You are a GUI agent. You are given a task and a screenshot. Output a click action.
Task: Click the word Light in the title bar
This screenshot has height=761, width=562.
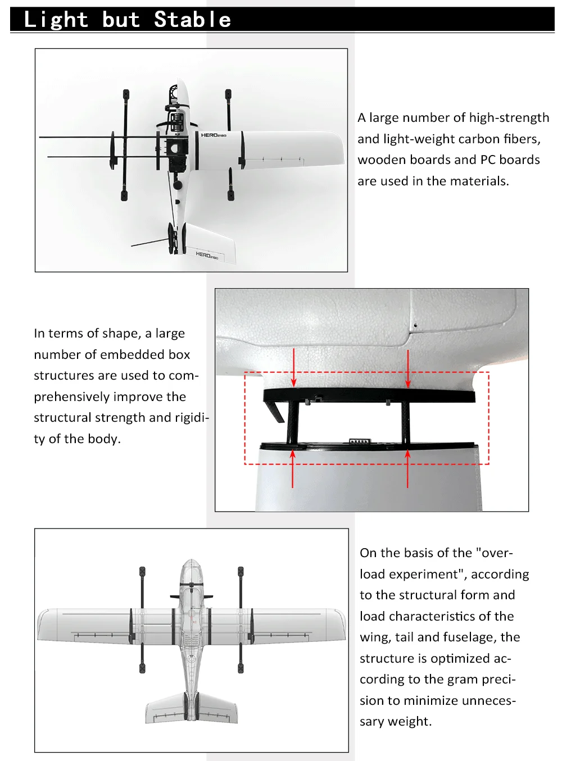point(56,20)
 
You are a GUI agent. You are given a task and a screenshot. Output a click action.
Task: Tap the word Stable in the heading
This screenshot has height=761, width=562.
point(192,20)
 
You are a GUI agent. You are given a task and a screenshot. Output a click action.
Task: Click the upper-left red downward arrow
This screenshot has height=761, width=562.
point(293,368)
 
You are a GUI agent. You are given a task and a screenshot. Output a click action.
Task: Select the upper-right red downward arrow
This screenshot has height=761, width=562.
point(408,368)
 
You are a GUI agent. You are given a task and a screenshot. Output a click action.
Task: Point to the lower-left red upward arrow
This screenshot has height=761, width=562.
point(293,469)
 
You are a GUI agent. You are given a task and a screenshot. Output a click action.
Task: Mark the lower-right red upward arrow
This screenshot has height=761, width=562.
point(407,469)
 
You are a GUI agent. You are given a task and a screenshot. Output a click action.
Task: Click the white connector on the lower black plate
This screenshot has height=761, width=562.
point(359,441)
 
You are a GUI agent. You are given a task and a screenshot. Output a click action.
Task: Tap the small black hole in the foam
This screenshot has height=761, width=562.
point(415,325)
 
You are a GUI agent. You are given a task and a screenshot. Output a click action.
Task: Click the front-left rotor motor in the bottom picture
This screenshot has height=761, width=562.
point(142,572)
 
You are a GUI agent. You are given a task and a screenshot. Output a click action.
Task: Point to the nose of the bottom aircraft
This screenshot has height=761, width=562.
point(191,562)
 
